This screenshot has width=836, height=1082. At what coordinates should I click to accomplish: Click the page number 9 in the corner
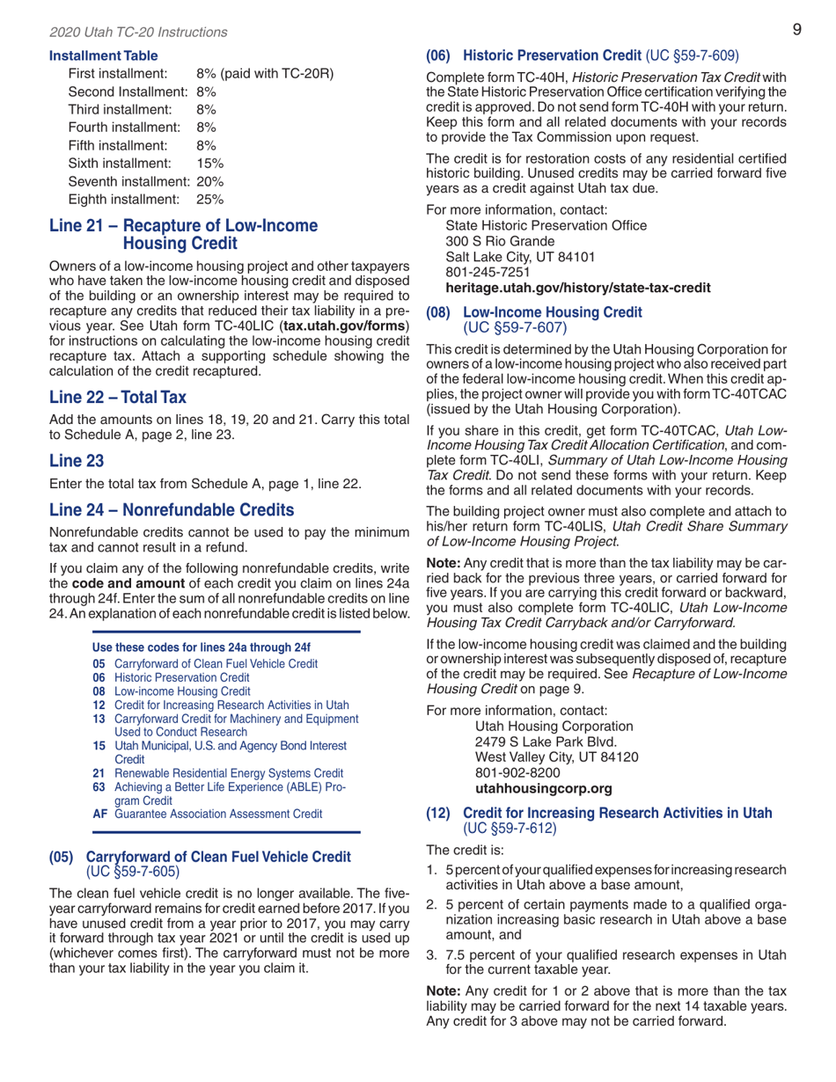tap(796, 30)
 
